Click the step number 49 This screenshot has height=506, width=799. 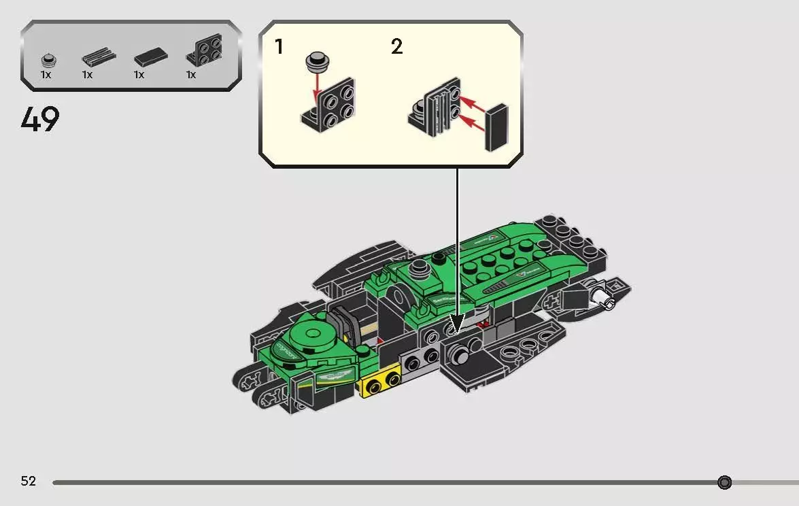click(40, 120)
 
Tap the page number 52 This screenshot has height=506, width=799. click(28, 482)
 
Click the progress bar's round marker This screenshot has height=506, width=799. click(724, 482)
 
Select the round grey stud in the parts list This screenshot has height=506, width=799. click(46, 58)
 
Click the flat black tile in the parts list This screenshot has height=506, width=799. click(148, 58)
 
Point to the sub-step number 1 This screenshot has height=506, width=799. click(279, 47)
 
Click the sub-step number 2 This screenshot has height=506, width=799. click(396, 47)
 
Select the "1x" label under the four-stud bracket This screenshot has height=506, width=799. click(191, 75)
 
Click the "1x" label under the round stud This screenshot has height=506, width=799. click(46, 75)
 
